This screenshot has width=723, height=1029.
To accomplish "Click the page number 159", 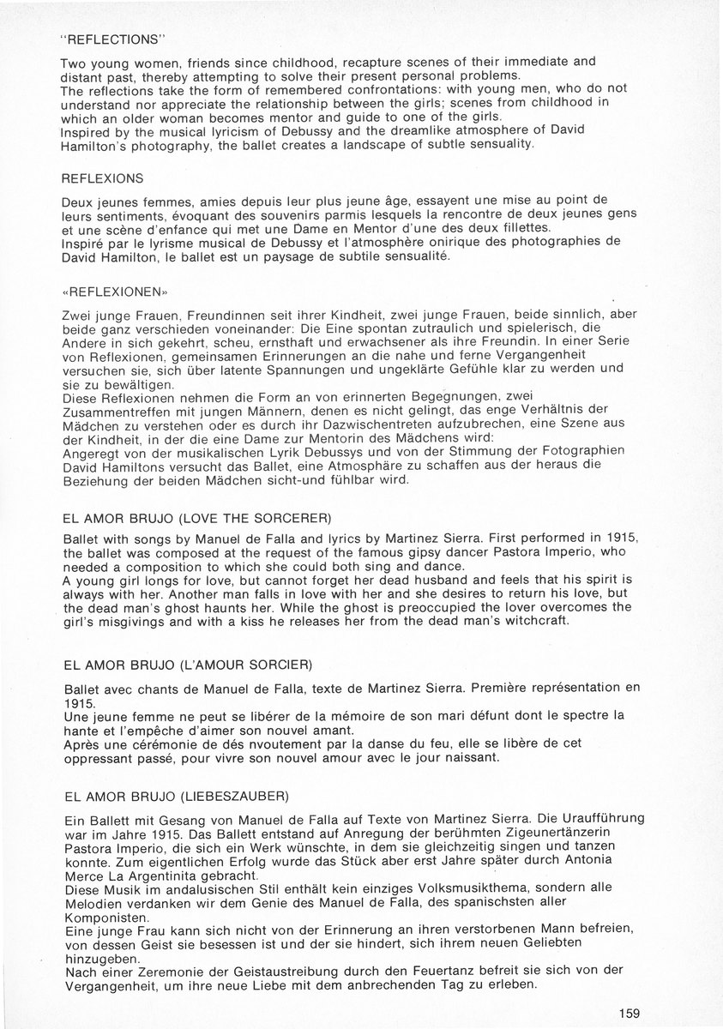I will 629,1013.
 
